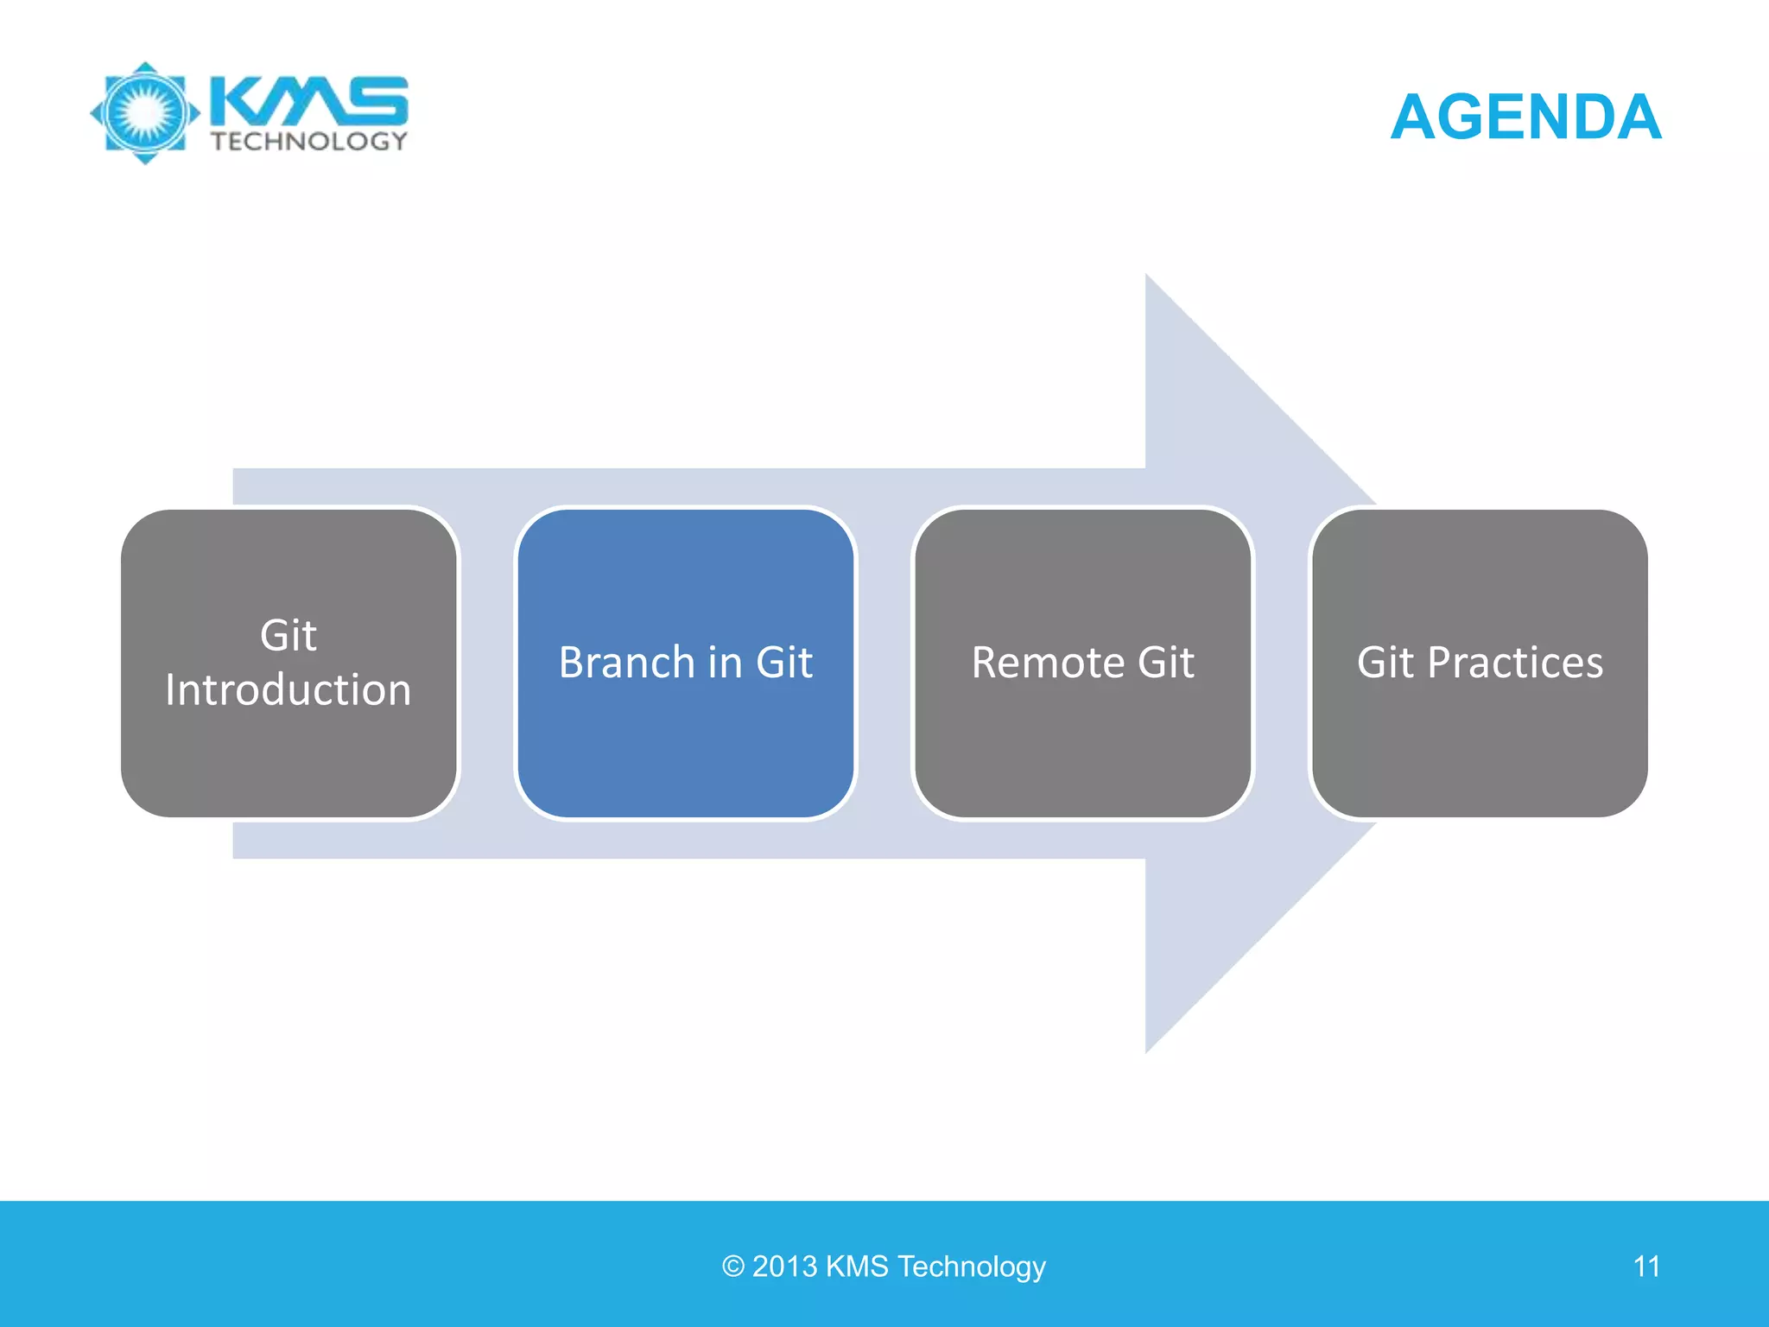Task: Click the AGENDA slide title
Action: [x=1525, y=117]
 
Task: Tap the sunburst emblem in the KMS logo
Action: [x=145, y=112]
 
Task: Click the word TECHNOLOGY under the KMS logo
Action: [x=308, y=142]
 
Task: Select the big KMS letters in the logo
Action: [x=309, y=100]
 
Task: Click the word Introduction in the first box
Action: [x=288, y=690]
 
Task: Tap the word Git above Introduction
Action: [x=288, y=636]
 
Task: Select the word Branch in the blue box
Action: [x=627, y=663]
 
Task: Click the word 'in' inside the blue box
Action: [x=725, y=663]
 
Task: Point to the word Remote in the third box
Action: [x=1048, y=663]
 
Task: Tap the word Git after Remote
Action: [x=1166, y=663]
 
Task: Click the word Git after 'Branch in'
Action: [x=784, y=663]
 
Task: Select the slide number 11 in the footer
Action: [x=1646, y=1267]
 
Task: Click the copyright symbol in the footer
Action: [x=733, y=1267]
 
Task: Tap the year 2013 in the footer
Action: [x=784, y=1267]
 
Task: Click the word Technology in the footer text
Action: [x=972, y=1267]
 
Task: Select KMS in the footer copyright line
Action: [x=857, y=1267]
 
